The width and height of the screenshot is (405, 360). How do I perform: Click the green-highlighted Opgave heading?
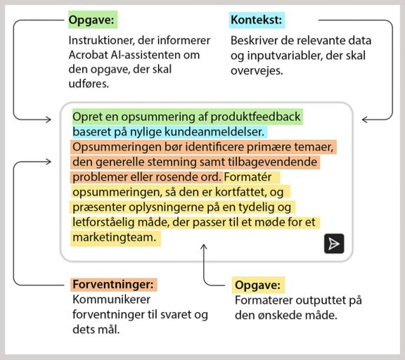coord(92,20)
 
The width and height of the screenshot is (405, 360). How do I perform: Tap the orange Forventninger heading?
coord(112,285)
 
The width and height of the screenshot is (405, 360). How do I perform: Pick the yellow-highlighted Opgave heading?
coord(257,285)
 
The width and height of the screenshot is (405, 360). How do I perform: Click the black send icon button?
coord(334,243)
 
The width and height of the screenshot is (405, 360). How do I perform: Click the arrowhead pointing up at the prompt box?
coord(205,247)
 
